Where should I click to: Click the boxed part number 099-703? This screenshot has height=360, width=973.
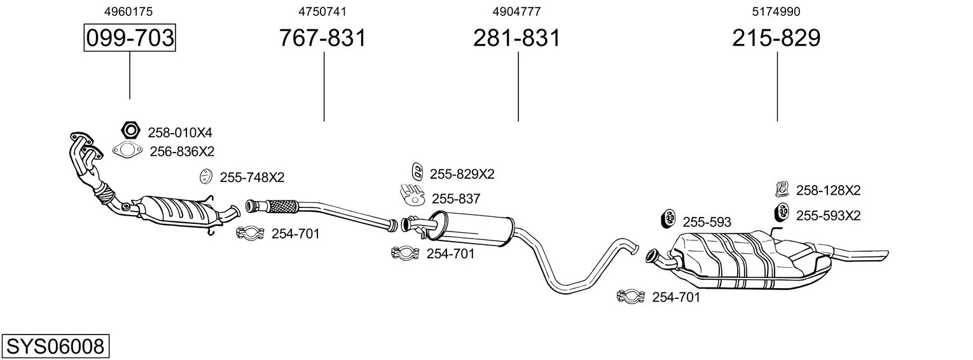pos(130,38)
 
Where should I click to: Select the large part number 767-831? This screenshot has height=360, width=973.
pos(323,38)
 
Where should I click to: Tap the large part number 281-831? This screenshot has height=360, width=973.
pos(516,38)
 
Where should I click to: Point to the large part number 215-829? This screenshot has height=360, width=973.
pos(776,38)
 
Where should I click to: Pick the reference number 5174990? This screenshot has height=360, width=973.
pos(776,11)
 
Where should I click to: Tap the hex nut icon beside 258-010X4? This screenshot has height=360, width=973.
pos(130,130)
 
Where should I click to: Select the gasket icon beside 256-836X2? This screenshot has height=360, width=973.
pos(127,151)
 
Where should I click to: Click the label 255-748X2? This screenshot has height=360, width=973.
pos(252,177)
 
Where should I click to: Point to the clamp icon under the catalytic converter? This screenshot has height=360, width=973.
pos(250,233)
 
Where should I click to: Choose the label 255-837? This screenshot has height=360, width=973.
pos(456,198)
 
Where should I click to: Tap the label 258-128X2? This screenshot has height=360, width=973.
pos(828,190)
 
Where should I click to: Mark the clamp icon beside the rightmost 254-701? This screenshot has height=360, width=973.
pos(631,296)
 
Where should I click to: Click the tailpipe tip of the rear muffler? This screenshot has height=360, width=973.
pos(881,254)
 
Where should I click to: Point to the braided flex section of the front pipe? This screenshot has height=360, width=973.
pos(281,205)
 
